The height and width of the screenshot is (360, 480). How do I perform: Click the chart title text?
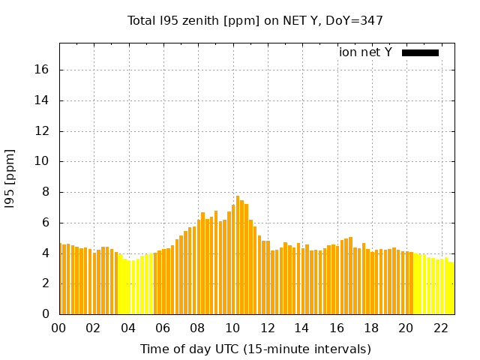pyautogui.click(x=255, y=21)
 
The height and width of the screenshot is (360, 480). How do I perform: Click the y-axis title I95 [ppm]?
pyautogui.click(x=10, y=178)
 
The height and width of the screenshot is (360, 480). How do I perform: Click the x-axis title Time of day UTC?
pyautogui.click(x=255, y=349)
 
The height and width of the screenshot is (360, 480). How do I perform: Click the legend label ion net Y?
pyautogui.click(x=365, y=52)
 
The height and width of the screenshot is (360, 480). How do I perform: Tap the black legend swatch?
pyautogui.click(x=420, y=52)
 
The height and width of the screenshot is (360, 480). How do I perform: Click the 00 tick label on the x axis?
pyautogui.click(x=59, y=328)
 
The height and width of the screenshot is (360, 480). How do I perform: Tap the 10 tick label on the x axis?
pyautogui.click(x=232, y=328)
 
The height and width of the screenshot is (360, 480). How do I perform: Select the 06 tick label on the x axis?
pyautogui.click(x=163, y=328)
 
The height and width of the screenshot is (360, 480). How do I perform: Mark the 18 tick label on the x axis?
pyautogui.click(x=371, y=328)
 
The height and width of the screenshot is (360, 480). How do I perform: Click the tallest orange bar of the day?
pyautogui.click(x=238, y=255)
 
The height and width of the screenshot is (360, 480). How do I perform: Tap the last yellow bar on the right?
pyautogui.click(x=451, y=288)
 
